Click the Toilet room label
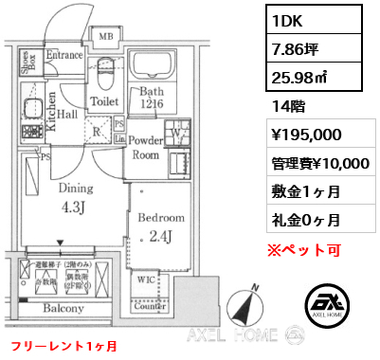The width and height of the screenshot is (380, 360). coord(103,100)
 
